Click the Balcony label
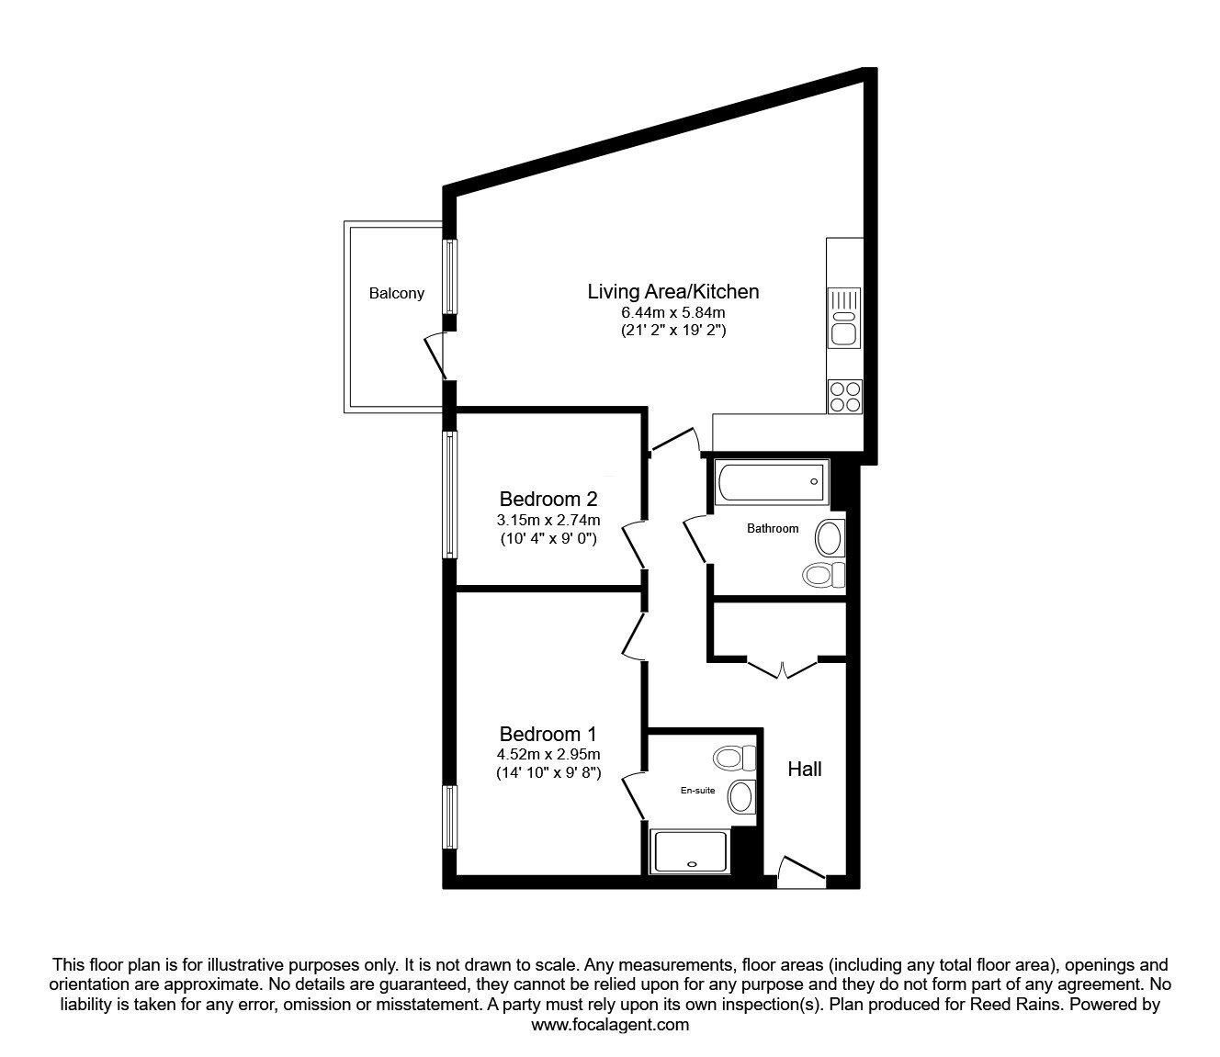tap(397, 294)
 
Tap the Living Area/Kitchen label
tap(672, 292)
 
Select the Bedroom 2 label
tap(548, 500)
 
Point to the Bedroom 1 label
tap(548, 735)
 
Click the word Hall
tap(804, 770)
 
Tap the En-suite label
tap(697, 790)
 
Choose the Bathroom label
tap(772, 529)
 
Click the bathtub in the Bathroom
tap(771, 481)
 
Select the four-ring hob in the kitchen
tap(844, 396)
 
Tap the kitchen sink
tap(843, 317)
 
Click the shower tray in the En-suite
tap(689, 851)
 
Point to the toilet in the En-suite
tap(733, 759)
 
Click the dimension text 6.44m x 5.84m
tap(672, 314)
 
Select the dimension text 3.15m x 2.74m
tap(548, 521)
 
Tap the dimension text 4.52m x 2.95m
tap(548, 755)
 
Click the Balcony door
tap(435, 356)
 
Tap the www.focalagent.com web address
tap(610, 1025)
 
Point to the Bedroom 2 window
tap(449, 495)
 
